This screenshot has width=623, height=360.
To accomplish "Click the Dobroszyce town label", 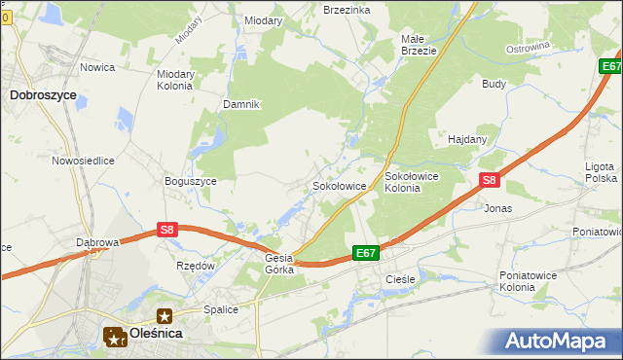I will pos(43,95).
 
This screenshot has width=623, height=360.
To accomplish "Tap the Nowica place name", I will pos(98,67).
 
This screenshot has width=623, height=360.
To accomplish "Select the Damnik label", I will pos(240,104).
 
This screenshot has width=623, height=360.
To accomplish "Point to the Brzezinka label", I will pos(347,9).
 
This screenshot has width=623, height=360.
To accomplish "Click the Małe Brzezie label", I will pos(420,45).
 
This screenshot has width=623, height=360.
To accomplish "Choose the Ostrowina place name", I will pos(529,47).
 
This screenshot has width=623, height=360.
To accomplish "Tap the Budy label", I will pos(494,84).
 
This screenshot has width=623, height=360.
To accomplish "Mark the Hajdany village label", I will pos(467,139).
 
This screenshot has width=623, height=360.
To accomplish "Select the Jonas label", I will pos(497,208).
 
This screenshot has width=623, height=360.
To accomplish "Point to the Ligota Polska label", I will pos(601,172).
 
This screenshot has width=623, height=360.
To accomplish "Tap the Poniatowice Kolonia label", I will pos(531,281).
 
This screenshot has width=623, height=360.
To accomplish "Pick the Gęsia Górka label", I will pos(279,264).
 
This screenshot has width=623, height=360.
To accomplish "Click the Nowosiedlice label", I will pos(84,161).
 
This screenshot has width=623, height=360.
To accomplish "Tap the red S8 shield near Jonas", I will pos(490,180).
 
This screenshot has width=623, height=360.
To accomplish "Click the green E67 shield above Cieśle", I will pos(365,253).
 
